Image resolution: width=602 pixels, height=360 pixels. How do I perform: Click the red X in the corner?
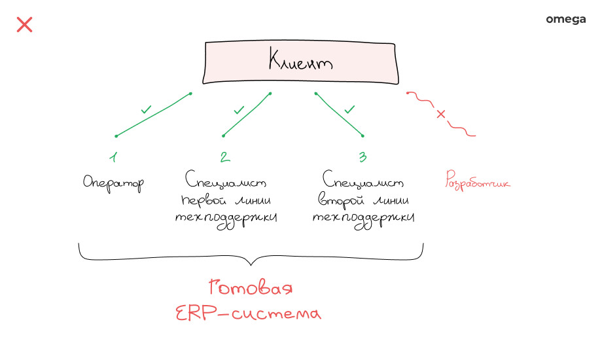pyautogui.click(x=24, y=25)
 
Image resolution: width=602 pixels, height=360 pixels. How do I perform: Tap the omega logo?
pyautogui.click(x=565, y=20)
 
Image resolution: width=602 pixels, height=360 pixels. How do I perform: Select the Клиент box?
pyautogui.click(x=300, y=63)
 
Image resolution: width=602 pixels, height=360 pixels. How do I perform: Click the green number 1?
pyautogui.click(x=113, y=157)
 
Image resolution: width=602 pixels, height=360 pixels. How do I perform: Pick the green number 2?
pyautogui.click(x=224, y=157)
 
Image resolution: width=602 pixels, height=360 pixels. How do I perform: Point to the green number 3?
pyautogui.click(x=362, y=157)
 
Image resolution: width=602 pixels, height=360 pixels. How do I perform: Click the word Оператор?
pyautogui.click(x=113, y=183)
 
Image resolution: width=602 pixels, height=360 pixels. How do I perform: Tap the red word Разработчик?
pyautogui.click(x=477, y=181)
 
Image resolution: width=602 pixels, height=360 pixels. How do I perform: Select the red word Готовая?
pyautogui.click(x=250, y=288)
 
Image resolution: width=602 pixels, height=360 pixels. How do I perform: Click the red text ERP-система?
pyautogui.click(x=249, y=314)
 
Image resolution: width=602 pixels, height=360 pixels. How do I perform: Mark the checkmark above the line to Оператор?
pyautogui.click(x=146, y=109)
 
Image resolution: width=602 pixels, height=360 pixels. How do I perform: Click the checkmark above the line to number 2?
pyautogui.click(x=239, y=109)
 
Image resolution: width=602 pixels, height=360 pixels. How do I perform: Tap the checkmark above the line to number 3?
pyautogui.click(x=349, y=109)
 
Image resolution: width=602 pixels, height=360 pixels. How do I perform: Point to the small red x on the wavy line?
pyautogui.click(x=441, y=115)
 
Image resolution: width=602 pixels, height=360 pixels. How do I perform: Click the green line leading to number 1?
pyautogui.click(x=154, y=115)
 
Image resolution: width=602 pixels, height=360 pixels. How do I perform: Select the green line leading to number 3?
pyautogui.click(x=339, y=115)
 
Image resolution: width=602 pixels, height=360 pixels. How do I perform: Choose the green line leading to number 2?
pyautogui.click(x=247, y=115)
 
